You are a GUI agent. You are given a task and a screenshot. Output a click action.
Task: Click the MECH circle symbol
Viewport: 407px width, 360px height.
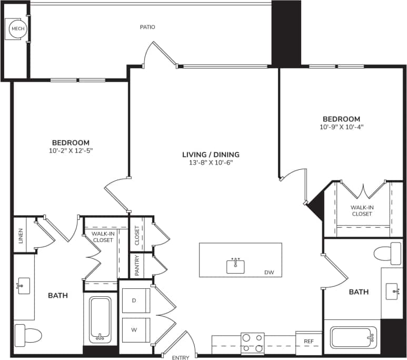coord(16,29)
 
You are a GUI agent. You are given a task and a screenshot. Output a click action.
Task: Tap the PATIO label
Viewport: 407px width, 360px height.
coord(147,27)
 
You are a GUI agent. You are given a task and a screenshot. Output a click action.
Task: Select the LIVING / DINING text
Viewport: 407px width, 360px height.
coord(211,154)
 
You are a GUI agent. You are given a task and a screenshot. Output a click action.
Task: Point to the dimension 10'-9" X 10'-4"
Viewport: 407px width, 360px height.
coord(341,127)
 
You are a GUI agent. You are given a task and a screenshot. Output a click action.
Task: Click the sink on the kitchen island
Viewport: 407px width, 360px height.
coord(235,266)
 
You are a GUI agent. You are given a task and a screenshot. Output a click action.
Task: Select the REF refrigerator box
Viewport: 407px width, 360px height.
coord(309,342)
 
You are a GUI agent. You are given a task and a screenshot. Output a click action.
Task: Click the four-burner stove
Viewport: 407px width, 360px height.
coord(252,343)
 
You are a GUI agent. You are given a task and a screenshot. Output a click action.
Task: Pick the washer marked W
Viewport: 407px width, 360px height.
coord(134,330)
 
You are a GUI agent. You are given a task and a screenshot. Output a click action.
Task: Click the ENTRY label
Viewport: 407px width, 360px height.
coord(180,358)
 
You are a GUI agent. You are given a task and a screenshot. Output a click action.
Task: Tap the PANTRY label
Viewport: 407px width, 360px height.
coord(137,266)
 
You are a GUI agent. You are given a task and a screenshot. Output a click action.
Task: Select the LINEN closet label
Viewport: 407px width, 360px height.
coord(21,234)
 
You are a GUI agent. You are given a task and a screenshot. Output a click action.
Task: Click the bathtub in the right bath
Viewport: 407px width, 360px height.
coord(353,337)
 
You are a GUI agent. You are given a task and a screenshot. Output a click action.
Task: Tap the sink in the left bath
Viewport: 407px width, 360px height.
coord(24,286)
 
